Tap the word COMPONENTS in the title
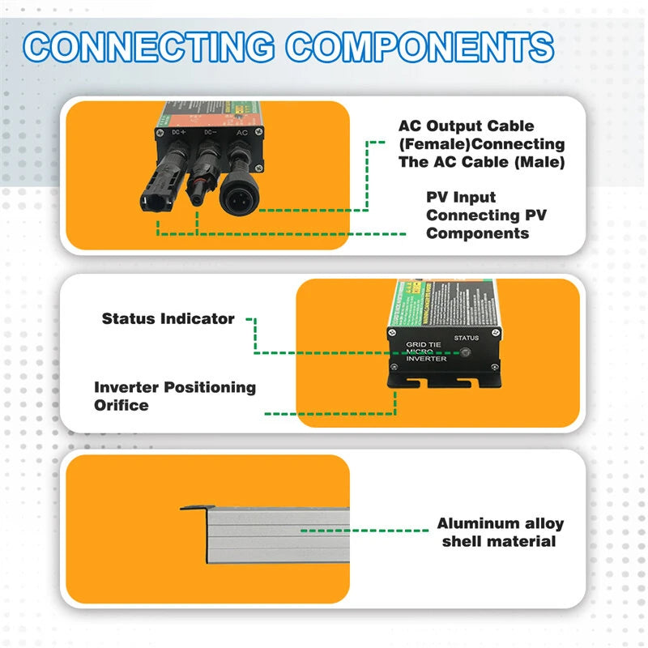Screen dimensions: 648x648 [420, 46]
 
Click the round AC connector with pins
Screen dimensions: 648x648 [240, 195]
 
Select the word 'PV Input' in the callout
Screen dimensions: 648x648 [461, 197]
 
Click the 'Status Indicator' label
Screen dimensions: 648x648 [168, 318]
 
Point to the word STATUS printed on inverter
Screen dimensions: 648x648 [466, 338]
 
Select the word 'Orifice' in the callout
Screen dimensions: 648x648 [122, 404]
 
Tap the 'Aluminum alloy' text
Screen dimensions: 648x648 [501, 523]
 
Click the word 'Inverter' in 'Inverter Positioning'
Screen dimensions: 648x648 [126, 387]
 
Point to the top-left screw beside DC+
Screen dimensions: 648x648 [160, 129]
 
